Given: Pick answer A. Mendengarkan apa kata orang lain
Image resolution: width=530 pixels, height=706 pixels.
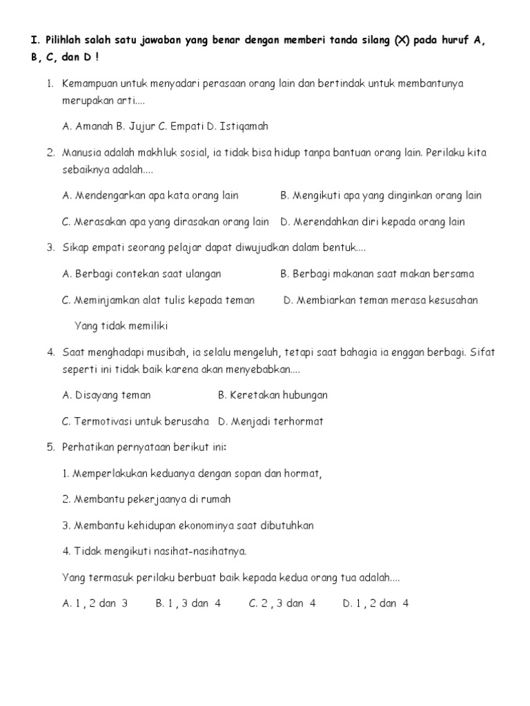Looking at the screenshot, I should pos(150,195).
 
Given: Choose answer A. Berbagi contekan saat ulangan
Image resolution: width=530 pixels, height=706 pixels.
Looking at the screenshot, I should pos(141,274).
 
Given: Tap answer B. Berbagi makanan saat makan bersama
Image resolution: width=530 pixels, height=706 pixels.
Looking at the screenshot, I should pos(377,274).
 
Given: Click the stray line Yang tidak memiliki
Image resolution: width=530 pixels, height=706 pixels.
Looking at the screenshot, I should pos(121,325).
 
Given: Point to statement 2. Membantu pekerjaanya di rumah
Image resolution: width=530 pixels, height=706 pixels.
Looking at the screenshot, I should pos(146,499).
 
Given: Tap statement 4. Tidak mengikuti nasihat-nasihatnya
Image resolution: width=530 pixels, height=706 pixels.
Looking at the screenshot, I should pos(154,551).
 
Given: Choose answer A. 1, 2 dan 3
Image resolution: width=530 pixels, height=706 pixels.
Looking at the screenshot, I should pos(95,603).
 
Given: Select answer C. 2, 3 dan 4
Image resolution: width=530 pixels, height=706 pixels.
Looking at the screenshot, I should pos(282,603).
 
